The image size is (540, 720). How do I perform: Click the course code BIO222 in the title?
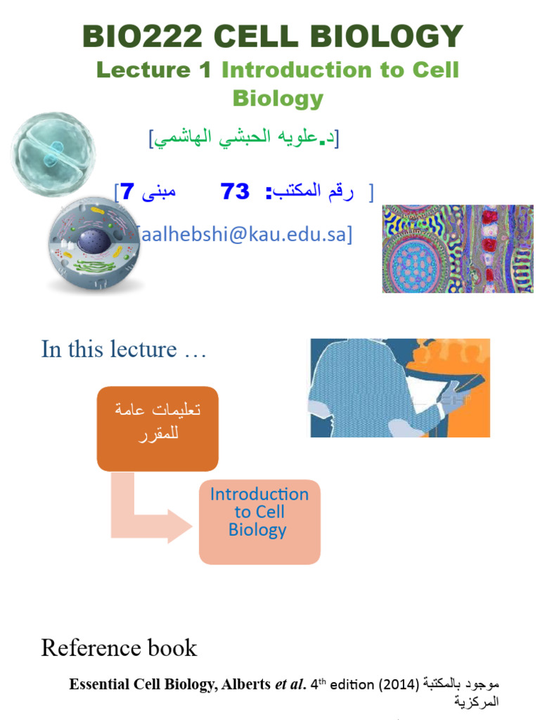tap(142, 36)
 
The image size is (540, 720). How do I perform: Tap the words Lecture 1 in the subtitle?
tap(154, 70)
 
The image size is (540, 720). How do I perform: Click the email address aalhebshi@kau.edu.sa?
tap(243, 234)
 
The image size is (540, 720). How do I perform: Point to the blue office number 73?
tap(235, 191)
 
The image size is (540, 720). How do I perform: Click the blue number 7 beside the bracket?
tap(128, 191)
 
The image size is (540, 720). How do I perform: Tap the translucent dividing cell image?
tap(53, 155)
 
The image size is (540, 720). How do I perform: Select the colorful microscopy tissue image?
tap(458, 249)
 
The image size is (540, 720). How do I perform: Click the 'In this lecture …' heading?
tap(124, 349)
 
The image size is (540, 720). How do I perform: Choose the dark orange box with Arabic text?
tap(157, 429)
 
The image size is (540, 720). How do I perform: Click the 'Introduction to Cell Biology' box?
tap(259, 522)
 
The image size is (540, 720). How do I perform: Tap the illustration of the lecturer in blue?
tap(400, 388)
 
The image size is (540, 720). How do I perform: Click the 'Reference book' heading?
tap(119, 648)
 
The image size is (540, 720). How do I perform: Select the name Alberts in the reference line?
tap(245, 684)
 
